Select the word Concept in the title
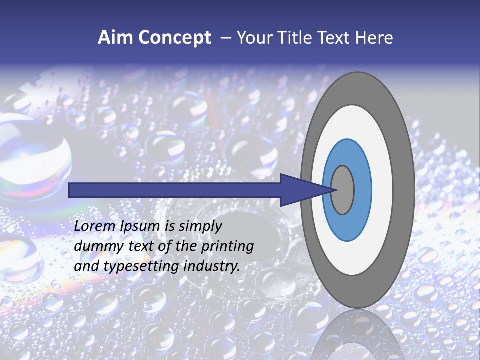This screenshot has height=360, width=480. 175,38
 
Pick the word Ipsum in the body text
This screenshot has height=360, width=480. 140,226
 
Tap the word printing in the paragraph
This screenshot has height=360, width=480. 227,246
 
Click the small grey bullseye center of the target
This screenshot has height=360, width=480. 343,190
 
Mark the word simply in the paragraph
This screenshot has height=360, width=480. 200,226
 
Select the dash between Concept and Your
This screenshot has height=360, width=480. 225,38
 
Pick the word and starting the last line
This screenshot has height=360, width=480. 86,266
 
